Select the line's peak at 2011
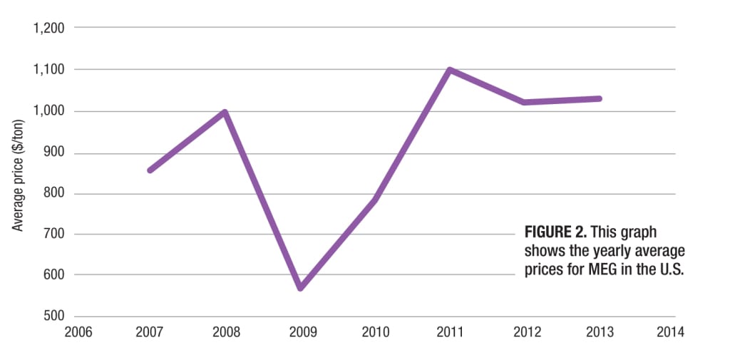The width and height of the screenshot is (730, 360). [451, 70]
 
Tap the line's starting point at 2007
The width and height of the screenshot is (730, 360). [150, 170]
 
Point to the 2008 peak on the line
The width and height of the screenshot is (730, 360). [225, 112]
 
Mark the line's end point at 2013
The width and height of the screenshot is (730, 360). [600, 98]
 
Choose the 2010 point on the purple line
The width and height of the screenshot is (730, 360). [375, 200]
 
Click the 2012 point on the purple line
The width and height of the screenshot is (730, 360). [525, 102]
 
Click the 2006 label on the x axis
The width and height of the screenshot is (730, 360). [76, 332]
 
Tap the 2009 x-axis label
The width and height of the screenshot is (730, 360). [300, 332]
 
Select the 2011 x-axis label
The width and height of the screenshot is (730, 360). [450, 332]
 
